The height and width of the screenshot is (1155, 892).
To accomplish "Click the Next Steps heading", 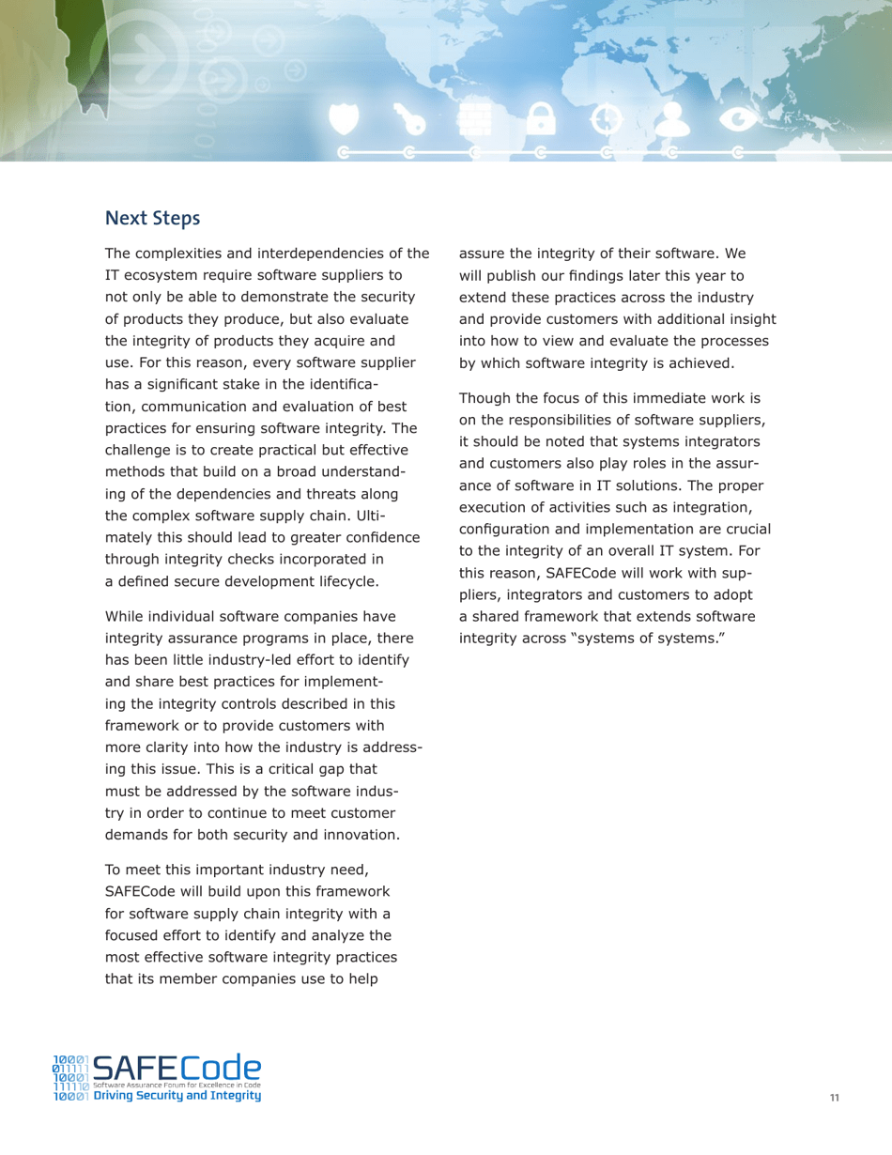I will [152, 219].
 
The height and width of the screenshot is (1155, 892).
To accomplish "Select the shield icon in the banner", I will [346, 118].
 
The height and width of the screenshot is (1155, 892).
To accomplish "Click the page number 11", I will [834, 1098].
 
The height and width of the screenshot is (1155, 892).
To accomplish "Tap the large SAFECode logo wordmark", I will [178, 1068].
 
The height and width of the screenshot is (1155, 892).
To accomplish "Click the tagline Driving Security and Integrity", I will [177, 1096].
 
